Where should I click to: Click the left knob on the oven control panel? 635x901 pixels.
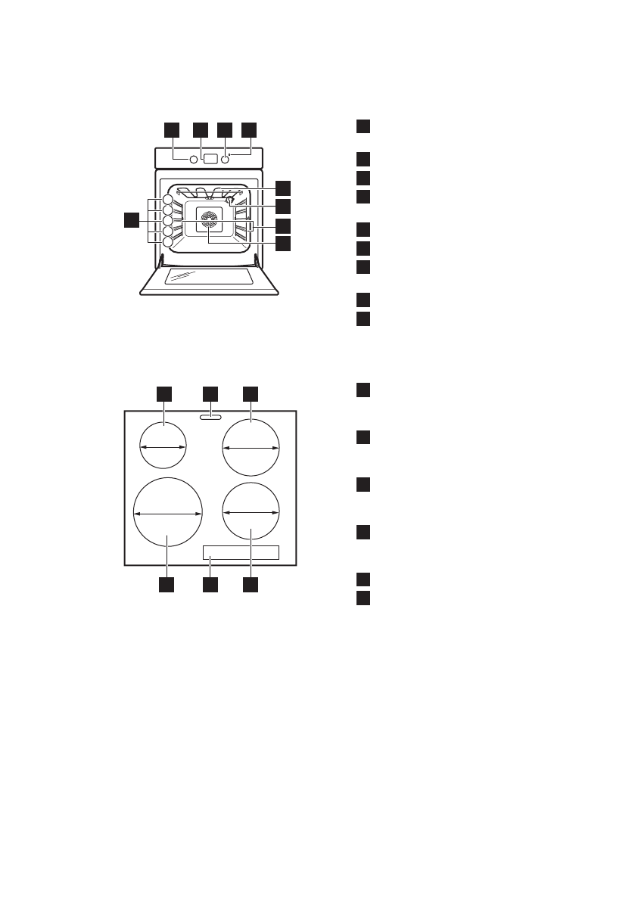(x=192, y=160)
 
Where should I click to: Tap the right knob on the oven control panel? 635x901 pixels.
(x=225, y=160)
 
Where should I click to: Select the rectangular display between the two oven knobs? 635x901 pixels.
(x=210, y=160)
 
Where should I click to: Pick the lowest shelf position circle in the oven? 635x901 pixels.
(x=167, y=242)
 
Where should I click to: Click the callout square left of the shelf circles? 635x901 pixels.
(x=132, y=220)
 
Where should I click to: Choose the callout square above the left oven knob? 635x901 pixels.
(x=173, y=129)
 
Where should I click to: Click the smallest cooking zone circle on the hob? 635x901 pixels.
(x=163, y=447)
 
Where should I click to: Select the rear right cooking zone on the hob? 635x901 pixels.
(x=251, y=448)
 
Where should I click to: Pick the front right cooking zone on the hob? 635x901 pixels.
(x=251, y=511)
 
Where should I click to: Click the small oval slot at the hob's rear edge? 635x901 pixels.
(x=210, y=416)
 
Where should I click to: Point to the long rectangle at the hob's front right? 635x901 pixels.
(x=241, y=553)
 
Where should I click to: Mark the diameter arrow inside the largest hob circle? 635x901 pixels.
(x=167, y=514)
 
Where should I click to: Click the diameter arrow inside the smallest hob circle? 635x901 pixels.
(x=163, y=448)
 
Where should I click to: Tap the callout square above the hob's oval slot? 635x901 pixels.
(x=210, y=393)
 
